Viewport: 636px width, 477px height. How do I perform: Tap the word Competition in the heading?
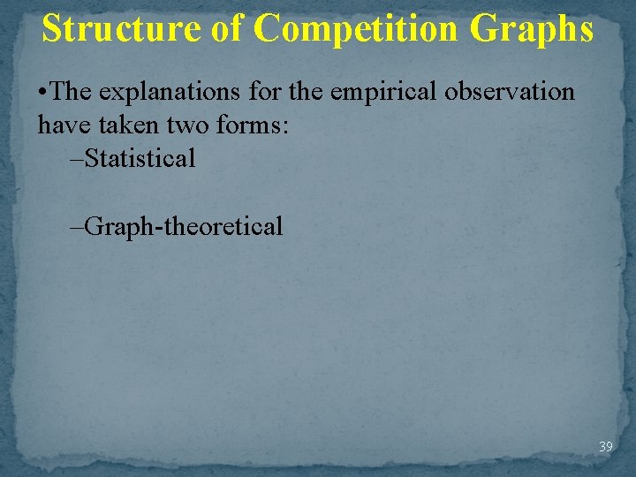coord(356,29)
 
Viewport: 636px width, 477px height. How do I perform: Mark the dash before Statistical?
coord(77,160)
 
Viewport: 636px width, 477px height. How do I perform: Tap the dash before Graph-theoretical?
coord(77,227)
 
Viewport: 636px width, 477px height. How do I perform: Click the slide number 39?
coord(605,447)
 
